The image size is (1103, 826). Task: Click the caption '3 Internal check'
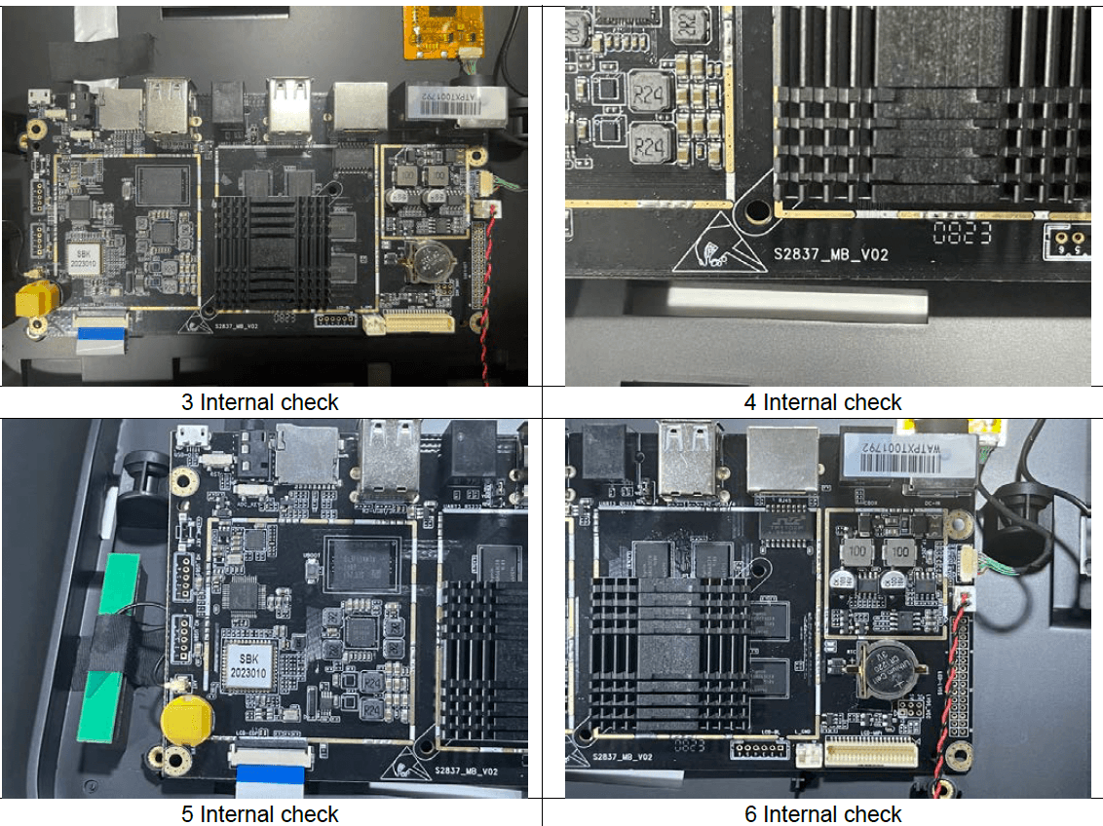[260, 402]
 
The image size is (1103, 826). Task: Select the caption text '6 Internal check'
[823, 813]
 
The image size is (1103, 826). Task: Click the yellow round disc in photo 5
[181, 719]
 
